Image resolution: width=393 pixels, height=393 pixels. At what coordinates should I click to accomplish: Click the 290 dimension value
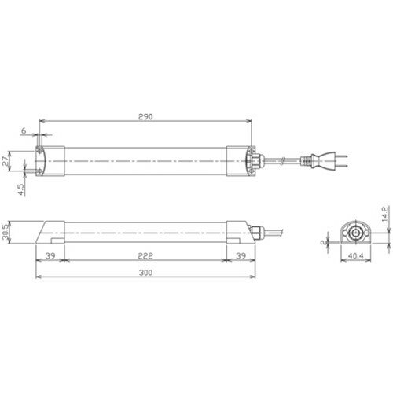145,117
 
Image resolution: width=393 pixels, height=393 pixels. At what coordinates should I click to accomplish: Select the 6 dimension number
24,130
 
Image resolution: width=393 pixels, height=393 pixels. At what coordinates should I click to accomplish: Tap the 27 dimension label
6,161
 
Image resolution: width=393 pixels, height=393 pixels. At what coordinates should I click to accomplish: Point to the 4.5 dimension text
21,189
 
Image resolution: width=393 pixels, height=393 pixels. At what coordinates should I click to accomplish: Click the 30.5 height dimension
6,232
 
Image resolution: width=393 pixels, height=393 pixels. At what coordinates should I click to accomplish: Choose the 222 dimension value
145,255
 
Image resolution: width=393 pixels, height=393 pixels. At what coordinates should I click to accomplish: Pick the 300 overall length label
145,273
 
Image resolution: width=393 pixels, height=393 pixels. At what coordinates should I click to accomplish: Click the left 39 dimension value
50,255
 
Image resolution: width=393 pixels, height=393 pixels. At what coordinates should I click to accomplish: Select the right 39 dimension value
241,255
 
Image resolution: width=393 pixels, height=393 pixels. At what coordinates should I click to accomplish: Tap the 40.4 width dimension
356,255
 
